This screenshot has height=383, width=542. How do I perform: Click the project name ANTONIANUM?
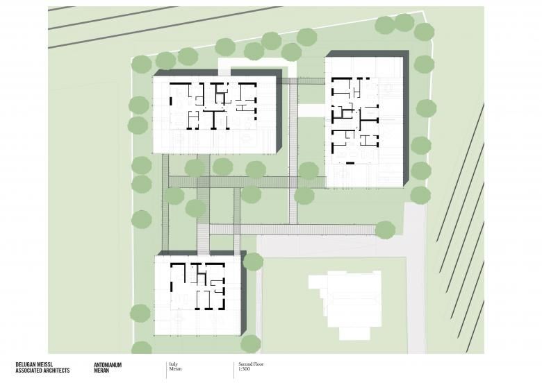coord(108,365)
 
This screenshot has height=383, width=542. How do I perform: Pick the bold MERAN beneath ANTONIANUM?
coord(101,371)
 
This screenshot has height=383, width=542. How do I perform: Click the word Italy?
coord(173,364)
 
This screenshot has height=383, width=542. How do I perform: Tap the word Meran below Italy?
coord(175,369)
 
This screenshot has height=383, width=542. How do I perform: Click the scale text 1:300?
coord(244,369)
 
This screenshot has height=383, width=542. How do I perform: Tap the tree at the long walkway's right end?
coord(385,230)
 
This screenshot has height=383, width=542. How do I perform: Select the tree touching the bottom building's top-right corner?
coord(253,262)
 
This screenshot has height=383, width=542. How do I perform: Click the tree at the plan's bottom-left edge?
coord(141,348)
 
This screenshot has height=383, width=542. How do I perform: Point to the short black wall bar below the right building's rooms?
coord(350,163)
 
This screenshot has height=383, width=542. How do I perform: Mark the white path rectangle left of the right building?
coord(311,111)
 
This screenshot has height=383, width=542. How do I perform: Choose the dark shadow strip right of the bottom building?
coord(243,293)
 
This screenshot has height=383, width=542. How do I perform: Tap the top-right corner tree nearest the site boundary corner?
coord(424,31)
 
